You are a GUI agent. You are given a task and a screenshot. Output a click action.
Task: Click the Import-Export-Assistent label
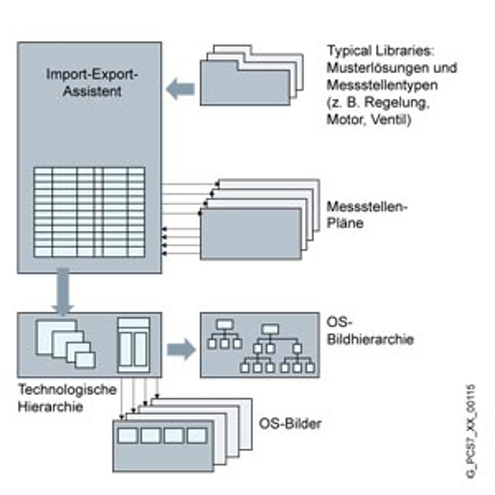pos(92,82)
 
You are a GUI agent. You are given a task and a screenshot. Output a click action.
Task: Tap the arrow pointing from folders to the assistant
pos(180,89)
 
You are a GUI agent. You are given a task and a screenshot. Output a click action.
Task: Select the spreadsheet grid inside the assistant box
pos(89,212)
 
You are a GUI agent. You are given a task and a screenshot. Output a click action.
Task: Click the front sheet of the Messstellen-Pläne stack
pos(250,234)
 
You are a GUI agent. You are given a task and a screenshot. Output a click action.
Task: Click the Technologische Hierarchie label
pos(67,398)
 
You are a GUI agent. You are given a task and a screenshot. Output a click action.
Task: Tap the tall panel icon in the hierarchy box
pos(133,345)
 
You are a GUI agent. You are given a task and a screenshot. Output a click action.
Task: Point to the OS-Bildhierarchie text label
pos(369,331)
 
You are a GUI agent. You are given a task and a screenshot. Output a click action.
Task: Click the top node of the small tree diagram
pos(225,324)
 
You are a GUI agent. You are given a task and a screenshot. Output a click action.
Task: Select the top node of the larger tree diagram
pos(270,329)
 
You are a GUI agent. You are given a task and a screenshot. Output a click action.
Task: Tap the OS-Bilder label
pos(290,424)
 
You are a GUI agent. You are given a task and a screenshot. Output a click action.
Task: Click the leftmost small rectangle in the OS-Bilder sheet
pos(128,435)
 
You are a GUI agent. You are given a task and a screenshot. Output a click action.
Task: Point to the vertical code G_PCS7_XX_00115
pos(471,431)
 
